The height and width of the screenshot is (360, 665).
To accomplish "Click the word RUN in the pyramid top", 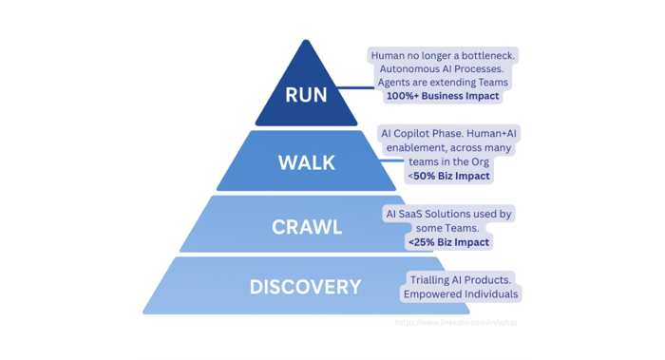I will (305, 96).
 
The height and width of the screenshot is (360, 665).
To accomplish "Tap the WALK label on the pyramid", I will (306, 162).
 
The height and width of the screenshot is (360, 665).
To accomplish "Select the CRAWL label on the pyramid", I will (306, 227).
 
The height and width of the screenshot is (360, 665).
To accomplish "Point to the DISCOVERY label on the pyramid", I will (305, 286).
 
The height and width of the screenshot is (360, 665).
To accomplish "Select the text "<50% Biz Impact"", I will (448, 176).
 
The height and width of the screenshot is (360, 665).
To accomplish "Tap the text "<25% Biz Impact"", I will (448, 242).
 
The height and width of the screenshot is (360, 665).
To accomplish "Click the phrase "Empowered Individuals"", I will (461, 294).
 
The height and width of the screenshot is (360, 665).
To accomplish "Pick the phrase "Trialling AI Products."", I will (461, 280).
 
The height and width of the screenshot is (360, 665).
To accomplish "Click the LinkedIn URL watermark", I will (457, 322).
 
